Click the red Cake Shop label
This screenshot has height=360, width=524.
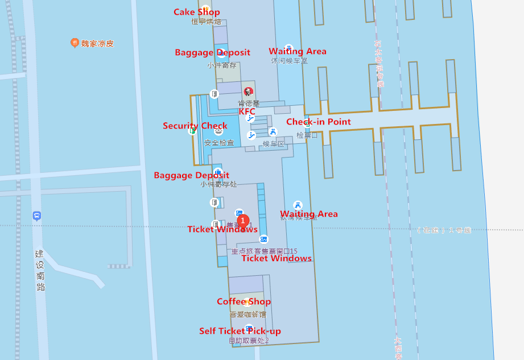tap(196, 12)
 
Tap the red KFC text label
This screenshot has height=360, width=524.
tap(247, 111)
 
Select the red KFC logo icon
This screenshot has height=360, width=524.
tap(247, 92)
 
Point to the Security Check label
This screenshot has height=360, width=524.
tap(195, 126)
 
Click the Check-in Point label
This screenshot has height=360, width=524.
tap(318, 122)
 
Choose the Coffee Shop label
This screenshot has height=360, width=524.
tap(244, 301)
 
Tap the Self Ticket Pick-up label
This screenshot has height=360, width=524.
tap(240, 331)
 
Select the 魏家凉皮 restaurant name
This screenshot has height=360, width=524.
tap(97, 43)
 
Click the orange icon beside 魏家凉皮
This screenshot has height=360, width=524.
tap(75, 43)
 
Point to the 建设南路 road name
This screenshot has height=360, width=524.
tap(40, 270)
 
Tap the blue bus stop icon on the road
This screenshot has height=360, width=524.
tap(37, 216)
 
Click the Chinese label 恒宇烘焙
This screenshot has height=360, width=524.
tap(206, 22)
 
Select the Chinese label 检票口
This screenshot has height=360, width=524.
tap(307, 135)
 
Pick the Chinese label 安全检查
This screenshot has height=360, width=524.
tap(219, 143)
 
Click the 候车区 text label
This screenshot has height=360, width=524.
tap(273, 144)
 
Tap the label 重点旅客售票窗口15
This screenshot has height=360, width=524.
tap(264, 251)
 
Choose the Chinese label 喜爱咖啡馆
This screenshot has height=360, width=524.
tap(247, 314)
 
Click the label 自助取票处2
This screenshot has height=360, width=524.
tap(249, 341)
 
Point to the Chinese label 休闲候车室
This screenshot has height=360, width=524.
tap(289, 61)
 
